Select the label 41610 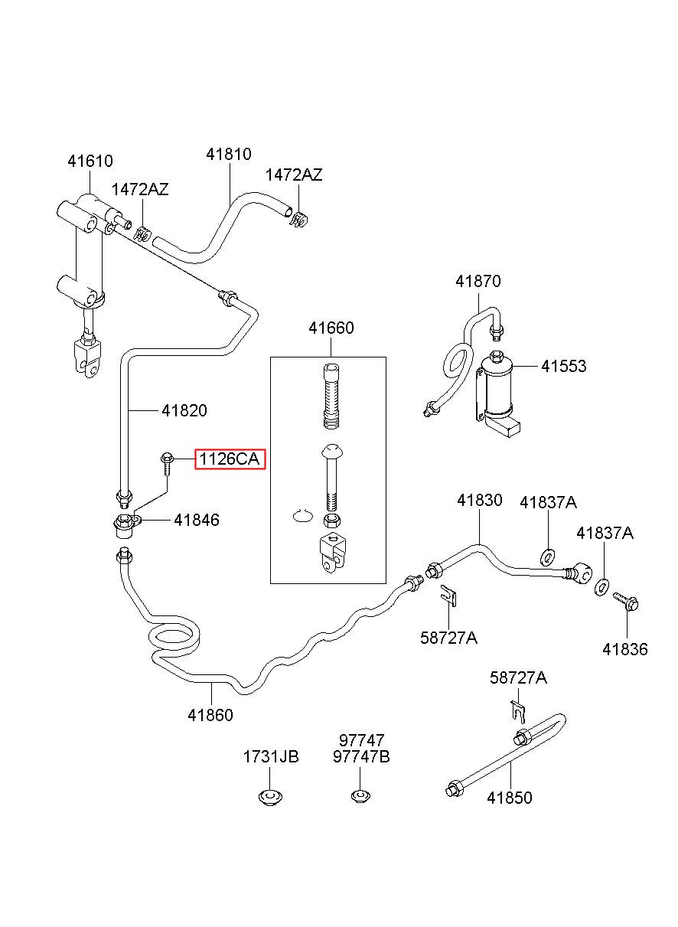coord(90,161)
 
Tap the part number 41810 coord(229,154)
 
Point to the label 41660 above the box coord(331,328)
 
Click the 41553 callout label coord(564,366)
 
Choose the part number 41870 coord(478,281)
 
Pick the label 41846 coord(197,520)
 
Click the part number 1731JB coord(271,757)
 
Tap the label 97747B coord(361,757)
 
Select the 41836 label coord(625,649)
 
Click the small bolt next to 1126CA coord(166,465)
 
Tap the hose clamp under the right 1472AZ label coord(299,220)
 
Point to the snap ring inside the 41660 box coord(302,516)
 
